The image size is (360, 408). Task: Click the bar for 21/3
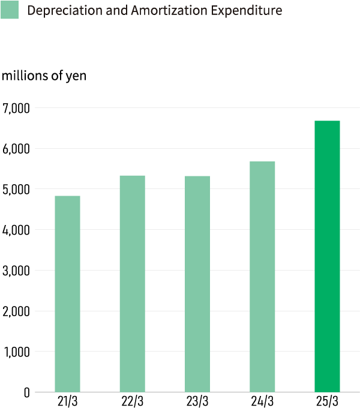pos(67,294)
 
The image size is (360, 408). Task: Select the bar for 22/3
pos(133,284)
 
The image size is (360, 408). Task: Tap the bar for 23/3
pos(197,284)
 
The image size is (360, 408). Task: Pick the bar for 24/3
pos(262,277)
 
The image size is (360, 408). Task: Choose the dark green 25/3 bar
pos(327,256)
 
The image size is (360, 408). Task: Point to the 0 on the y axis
pos(26,392)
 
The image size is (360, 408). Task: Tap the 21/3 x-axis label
pos(67,401)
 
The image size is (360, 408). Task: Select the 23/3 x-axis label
pos(197,401)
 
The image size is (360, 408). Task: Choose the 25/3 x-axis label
pos(327,401)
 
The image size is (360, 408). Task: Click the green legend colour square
pos(10,10)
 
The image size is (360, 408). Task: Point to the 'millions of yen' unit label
pos(44,77)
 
